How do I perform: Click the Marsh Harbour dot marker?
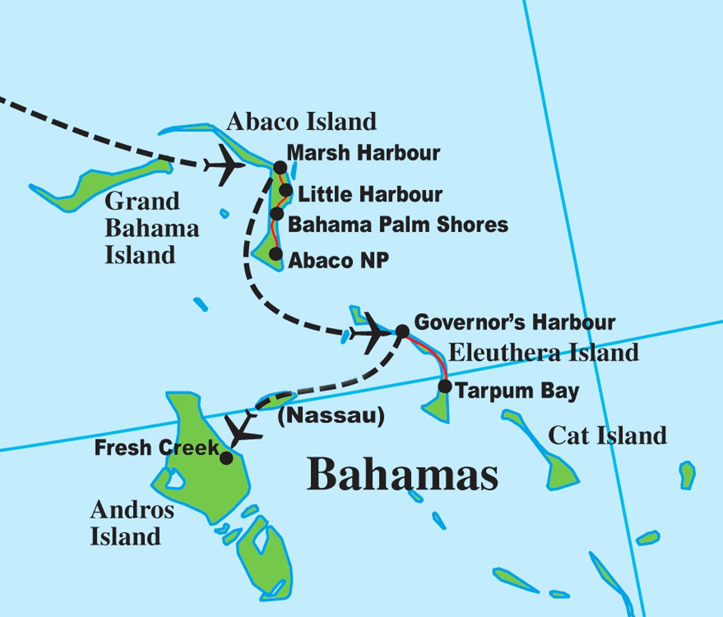(x=280, y=168)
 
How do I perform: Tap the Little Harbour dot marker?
(x=286, y=192)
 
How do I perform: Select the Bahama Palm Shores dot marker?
(x=277, y=213)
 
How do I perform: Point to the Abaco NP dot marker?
(x=275, y=254)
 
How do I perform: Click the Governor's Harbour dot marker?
(x=402, y=331)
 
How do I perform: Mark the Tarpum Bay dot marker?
(x=445, y=386)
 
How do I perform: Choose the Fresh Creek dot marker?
(x=226, y=458)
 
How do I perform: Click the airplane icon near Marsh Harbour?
(x=224, y=164)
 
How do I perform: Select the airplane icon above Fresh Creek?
(x=243, y=429)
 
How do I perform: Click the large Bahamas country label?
(x=402, y=474)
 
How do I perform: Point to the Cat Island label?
(x=607, y=435)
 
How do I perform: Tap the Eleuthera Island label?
(x=543, y=352)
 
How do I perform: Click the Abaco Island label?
(x=301, y=122)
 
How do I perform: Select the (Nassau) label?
(x=331, y=416)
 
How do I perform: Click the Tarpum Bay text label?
(x=517, y=390)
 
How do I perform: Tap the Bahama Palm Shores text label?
(x=398, y=224)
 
